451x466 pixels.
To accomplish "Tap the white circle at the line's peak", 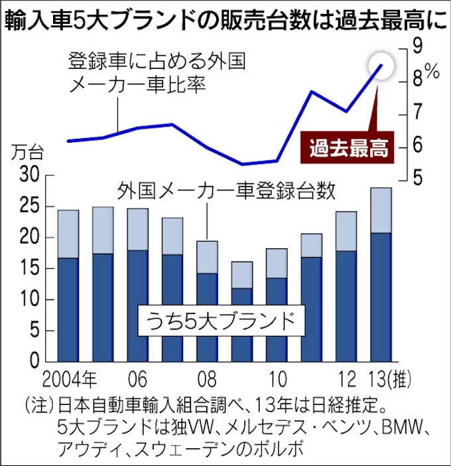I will pyautogui.click(x=381, y=65).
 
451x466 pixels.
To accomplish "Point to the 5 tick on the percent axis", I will pyautogui.click(x=417, y=177).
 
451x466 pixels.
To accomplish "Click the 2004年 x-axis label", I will pyautogui.click(x=69, y=380).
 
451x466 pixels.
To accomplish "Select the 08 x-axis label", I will pyautogui.click(x=207, y=380).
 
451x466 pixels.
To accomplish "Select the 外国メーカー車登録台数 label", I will pyautogui.click(x=226, y=193).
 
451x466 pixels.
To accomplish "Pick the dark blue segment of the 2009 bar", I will pyautogui.click(x=241, y=325).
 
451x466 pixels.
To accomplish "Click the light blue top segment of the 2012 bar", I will pyautogui.click(x=346, y=231).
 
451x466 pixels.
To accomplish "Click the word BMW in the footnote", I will pyautogui.click(x=388, y=424).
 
